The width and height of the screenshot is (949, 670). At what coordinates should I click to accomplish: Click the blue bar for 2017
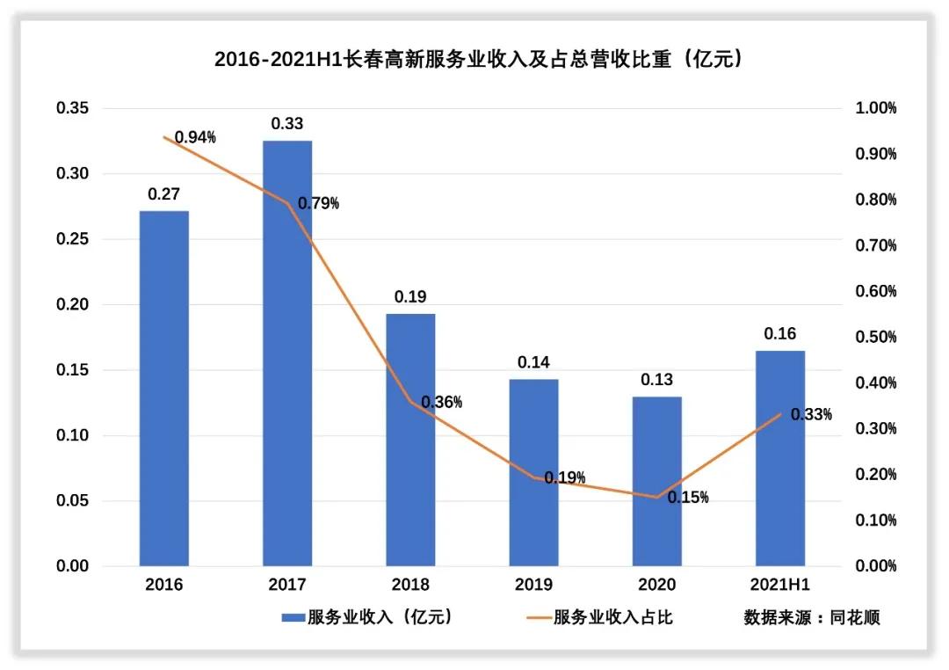pos(287,353)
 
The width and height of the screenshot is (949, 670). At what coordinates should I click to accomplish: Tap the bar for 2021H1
pos(780,458)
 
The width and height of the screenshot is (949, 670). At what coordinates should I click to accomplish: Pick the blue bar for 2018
pos(410,440)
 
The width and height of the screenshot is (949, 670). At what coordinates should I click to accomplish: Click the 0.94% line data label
pos(195,137)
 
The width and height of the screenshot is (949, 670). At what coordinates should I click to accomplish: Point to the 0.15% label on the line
pos(688,497)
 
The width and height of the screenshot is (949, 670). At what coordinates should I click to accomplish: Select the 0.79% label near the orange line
pos(318,203)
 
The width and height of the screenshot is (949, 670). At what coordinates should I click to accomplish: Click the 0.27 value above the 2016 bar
pos(163,194)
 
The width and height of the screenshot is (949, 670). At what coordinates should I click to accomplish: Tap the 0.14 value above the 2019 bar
pos(533,362)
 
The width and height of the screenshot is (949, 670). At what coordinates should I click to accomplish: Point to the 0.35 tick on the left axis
pos(73,108)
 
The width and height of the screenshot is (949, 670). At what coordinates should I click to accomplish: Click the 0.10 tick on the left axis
pos(73,435)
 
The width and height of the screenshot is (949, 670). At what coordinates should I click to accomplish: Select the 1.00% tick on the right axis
pos(875,108)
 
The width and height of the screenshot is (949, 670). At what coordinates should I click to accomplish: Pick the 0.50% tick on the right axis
pos(875,337)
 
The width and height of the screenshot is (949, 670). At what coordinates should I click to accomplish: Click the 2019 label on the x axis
pos(533,585)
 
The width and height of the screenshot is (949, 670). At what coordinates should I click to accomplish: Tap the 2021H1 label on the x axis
pos(780,585)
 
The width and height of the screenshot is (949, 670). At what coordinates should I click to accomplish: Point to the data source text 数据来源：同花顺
pos(811,617)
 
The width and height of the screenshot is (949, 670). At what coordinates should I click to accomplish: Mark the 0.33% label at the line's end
pos(811,414)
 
